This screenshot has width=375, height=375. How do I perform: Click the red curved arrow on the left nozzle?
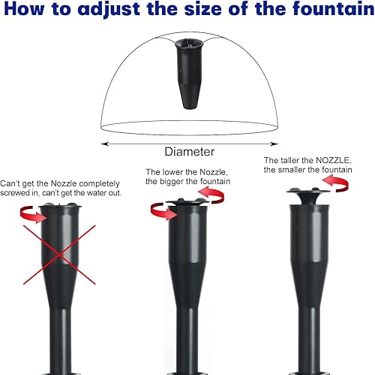click(31, 216)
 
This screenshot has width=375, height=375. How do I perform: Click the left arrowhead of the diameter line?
click(103, 142)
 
